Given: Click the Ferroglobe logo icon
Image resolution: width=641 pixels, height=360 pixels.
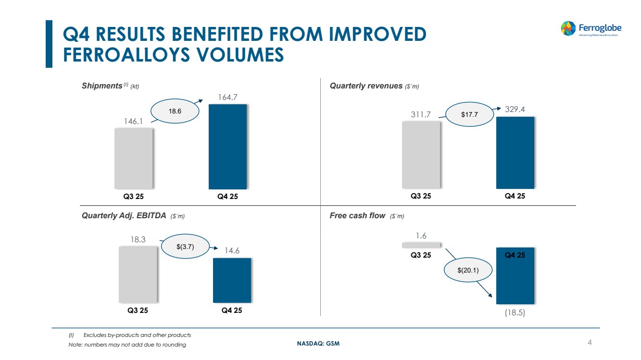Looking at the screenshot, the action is point(568,28).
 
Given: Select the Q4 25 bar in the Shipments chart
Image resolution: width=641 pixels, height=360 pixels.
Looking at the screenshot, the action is point(227,147).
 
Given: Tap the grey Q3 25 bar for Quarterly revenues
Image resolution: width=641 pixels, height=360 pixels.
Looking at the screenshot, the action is point(421,155).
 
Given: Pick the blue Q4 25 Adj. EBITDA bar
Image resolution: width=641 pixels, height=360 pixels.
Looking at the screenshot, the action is point(232,280).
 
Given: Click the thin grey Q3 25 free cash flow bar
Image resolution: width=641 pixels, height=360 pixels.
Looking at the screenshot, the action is point(421,245).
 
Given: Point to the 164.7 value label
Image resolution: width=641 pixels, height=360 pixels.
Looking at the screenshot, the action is point(227,97).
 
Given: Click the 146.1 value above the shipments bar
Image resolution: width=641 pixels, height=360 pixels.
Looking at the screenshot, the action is point(133,121).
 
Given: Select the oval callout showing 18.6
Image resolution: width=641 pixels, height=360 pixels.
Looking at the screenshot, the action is point(175,111).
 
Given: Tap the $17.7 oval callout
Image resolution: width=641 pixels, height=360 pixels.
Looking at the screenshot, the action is point(470,114).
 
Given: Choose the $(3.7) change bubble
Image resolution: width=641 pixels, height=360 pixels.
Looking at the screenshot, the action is point(185,247).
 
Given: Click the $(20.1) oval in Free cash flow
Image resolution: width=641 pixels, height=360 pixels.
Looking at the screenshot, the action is point(468,270).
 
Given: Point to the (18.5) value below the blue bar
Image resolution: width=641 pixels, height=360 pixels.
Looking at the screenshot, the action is point(515,312).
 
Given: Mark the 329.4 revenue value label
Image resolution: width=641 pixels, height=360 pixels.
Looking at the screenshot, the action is point(515,109).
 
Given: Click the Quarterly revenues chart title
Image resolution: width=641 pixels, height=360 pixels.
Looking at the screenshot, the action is point(374,86).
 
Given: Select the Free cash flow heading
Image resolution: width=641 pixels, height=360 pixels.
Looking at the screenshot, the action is point(367,216).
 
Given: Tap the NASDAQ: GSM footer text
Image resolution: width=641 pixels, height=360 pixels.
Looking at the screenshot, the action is point(318,343).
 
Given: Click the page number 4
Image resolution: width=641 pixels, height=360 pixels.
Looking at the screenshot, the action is point(590,342).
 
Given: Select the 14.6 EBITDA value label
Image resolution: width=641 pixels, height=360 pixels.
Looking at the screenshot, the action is point(232,251).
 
